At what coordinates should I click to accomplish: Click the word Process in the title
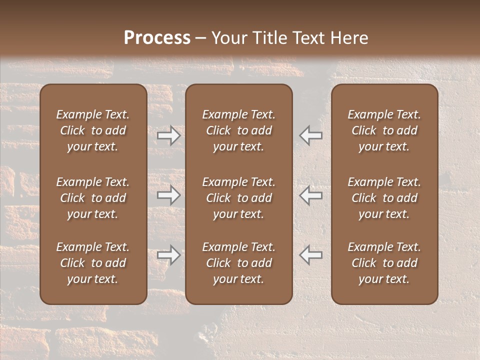(157, 38)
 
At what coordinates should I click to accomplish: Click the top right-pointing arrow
(169, 135)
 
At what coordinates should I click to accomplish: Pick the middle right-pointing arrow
(169, 195)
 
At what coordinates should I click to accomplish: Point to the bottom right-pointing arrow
(169, 255)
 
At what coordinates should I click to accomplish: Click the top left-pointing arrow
(310, 135)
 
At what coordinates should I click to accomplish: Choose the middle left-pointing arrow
(310, 195)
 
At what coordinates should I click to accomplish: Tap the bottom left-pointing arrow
(310, 255)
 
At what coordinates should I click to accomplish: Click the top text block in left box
(93, 130)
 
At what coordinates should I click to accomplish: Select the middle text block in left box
(93, 198)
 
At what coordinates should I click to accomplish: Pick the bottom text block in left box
(93, 263)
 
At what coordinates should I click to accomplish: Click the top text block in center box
(239, 130)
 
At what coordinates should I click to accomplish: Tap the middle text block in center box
(239, 198)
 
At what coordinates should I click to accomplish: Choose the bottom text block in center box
(239, 263)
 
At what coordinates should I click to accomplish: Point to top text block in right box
(384, 130)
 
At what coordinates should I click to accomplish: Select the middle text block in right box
(384, 198)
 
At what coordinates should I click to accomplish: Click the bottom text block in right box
(384, 263)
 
